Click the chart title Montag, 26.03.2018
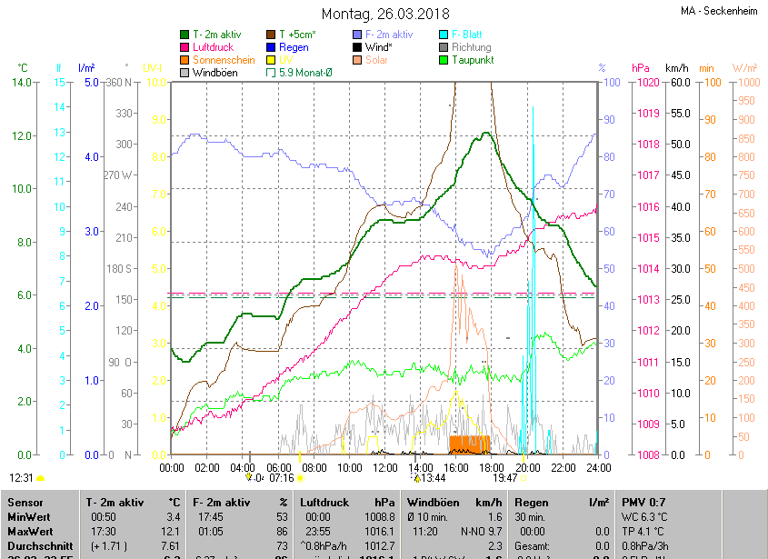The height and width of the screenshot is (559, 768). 384,14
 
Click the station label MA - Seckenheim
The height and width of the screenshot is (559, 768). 719,11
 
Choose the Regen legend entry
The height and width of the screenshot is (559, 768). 294,47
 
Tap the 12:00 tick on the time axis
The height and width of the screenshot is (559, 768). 385,467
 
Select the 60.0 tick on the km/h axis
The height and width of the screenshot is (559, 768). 677,83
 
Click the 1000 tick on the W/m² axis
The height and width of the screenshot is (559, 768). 745,83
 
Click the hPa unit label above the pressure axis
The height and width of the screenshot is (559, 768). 640,68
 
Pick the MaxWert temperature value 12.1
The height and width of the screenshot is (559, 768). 170,531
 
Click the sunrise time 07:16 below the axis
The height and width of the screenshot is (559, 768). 282,477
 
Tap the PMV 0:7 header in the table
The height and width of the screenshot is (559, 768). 643,502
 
